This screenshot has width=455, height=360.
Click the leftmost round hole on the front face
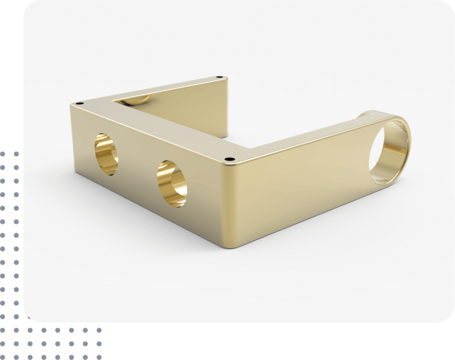(107, 154)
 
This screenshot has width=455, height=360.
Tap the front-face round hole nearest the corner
(172, 183)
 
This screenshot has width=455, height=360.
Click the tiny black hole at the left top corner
(79, 103)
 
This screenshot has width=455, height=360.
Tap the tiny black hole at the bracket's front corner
(229, 159)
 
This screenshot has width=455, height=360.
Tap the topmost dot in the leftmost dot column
(4, 154)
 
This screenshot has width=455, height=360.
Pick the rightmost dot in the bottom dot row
(99, 344)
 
